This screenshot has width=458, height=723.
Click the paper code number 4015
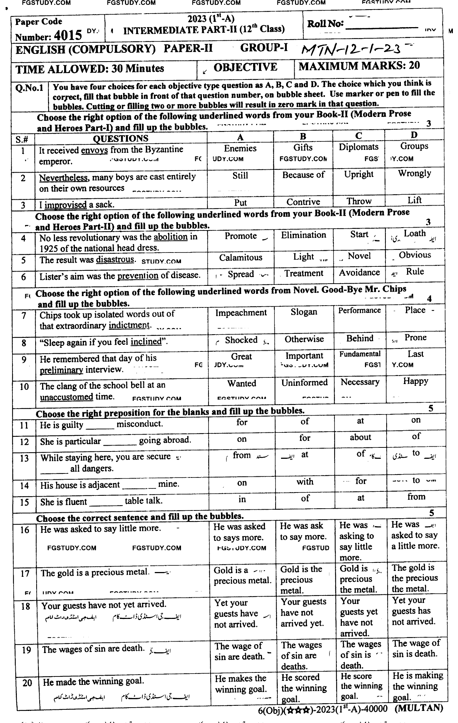[67, 36]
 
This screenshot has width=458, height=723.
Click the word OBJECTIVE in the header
[245, 67]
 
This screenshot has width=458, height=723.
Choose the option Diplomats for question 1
[358, 147]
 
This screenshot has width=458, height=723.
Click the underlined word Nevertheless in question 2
[63, 178]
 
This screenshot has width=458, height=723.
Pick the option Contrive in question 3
[303, 202]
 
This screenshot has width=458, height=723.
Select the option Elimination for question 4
[303, 235]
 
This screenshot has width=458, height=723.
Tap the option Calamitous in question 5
[241, 258]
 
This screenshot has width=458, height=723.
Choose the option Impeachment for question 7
[241, 313]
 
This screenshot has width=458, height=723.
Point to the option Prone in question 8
[415, 337]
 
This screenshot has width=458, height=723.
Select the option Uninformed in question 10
[304, 383]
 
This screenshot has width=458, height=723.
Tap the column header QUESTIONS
[121, 139]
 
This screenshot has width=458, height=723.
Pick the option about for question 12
[360, 438]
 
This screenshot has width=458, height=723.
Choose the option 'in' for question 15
[242, 499]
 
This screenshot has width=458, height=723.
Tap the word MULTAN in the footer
[419, 708]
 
